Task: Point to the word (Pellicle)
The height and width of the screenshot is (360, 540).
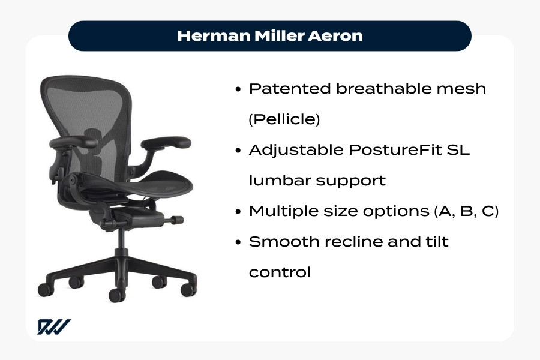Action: [284, 119]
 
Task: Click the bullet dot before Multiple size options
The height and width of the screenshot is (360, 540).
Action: [239, 212]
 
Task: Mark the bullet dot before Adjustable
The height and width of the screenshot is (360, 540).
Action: [239, 151]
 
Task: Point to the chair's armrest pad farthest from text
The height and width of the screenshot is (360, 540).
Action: [73, 142]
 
